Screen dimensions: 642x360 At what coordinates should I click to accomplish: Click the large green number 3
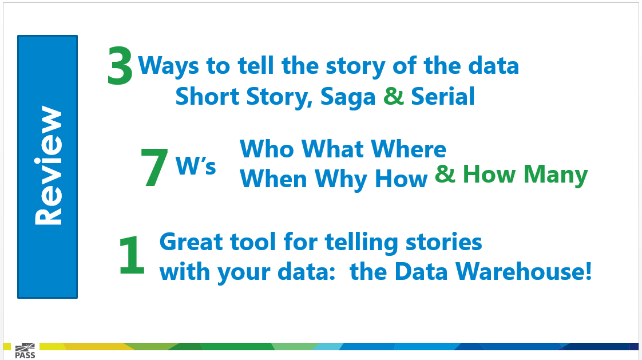coord(120,65)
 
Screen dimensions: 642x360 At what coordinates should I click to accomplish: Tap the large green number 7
coord(154,167)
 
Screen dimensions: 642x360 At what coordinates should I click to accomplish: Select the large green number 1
coord(132,255)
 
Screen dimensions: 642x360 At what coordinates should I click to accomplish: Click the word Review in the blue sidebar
coord(48,166)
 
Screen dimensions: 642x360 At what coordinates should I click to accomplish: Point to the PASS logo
coord(25,351)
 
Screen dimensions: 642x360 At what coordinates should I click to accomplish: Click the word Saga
coord(348,97)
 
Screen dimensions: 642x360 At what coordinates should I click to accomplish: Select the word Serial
coord(443,96)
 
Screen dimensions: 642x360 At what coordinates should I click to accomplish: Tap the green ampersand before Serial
coord(394,96)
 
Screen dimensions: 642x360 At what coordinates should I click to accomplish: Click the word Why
coord(342,179)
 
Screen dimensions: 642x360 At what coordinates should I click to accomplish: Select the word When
coord(273,179)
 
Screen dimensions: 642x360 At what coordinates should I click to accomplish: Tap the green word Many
coord(556,175)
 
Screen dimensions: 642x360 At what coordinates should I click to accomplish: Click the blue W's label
coord(195,165)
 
